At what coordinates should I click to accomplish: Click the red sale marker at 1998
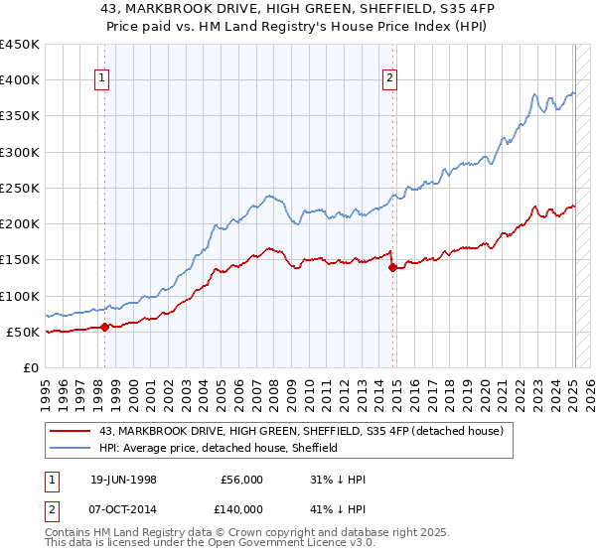[105, 327]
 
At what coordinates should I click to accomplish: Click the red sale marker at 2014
[393, 267]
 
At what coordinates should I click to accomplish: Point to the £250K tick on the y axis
[20, 188]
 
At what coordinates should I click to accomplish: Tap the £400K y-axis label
[20, 80]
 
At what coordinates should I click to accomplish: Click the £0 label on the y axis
[30, 367]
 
